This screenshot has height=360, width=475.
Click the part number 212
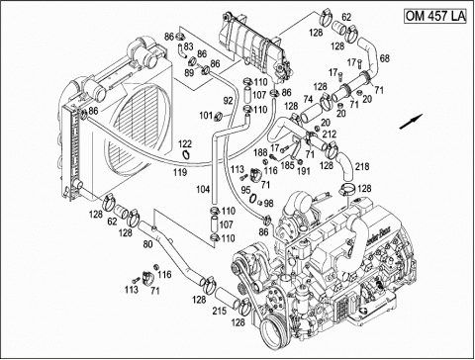[x=329, y=135]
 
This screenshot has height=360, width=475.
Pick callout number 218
[x=363, y=167]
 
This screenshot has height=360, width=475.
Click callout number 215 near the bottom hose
[x=217, y=314]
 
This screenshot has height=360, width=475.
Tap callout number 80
[x=149, y=242]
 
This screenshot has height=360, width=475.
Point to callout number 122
[x=185, y=145]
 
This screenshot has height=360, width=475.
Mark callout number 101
[x=206, y=116]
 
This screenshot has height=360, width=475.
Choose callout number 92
[x=227, y=100]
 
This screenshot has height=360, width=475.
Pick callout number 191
[x=304, y=170]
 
